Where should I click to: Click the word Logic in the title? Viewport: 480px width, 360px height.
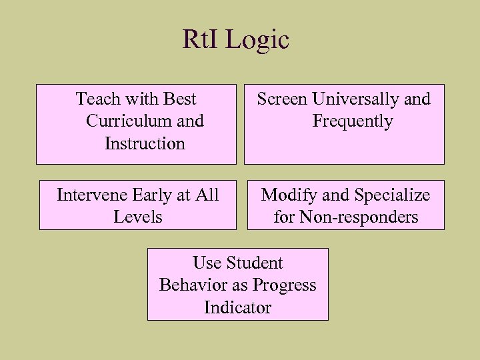click(x=257, y=40)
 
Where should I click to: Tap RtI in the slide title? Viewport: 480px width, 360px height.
click(x=201, y=39)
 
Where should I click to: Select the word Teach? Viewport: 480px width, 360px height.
click(x=98, y=99)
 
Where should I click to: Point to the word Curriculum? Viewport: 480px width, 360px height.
click(x=122, y=121)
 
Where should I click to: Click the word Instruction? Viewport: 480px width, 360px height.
click(x=145, y=143)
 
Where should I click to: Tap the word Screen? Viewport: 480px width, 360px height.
click(x=283, y=99)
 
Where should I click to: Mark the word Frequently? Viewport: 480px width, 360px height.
click(x=352, y=121)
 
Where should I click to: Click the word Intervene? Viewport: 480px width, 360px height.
click(x=91, y=195)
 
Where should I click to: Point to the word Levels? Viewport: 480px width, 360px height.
click(x=138, y=217)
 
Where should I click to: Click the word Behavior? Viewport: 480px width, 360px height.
click(x=188, y=285)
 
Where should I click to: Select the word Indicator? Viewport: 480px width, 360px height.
click(x=238, y=307)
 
